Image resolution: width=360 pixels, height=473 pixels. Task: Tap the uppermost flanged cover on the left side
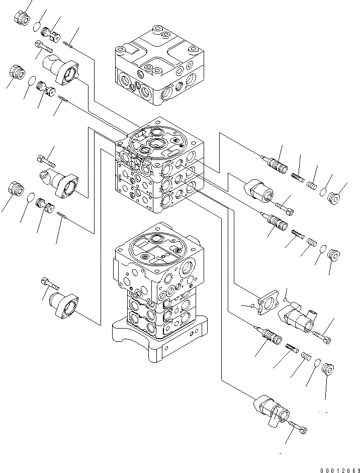coord(62,69)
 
